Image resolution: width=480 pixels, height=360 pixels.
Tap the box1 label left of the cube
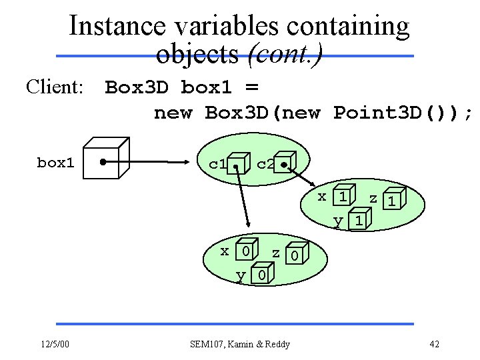tap(55, 163)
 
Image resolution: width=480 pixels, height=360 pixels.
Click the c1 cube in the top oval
tap(238, 165)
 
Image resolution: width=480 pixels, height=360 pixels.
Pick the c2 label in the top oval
tap(265, 163)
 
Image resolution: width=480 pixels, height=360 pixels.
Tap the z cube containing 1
tap(394, 199)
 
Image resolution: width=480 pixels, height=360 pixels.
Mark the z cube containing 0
tap(296, 255)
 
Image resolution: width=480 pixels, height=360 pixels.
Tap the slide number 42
tap(434, 344)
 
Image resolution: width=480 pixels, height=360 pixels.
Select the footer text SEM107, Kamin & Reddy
tap(240, 344)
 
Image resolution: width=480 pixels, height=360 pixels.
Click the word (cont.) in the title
tap(285, 53)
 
